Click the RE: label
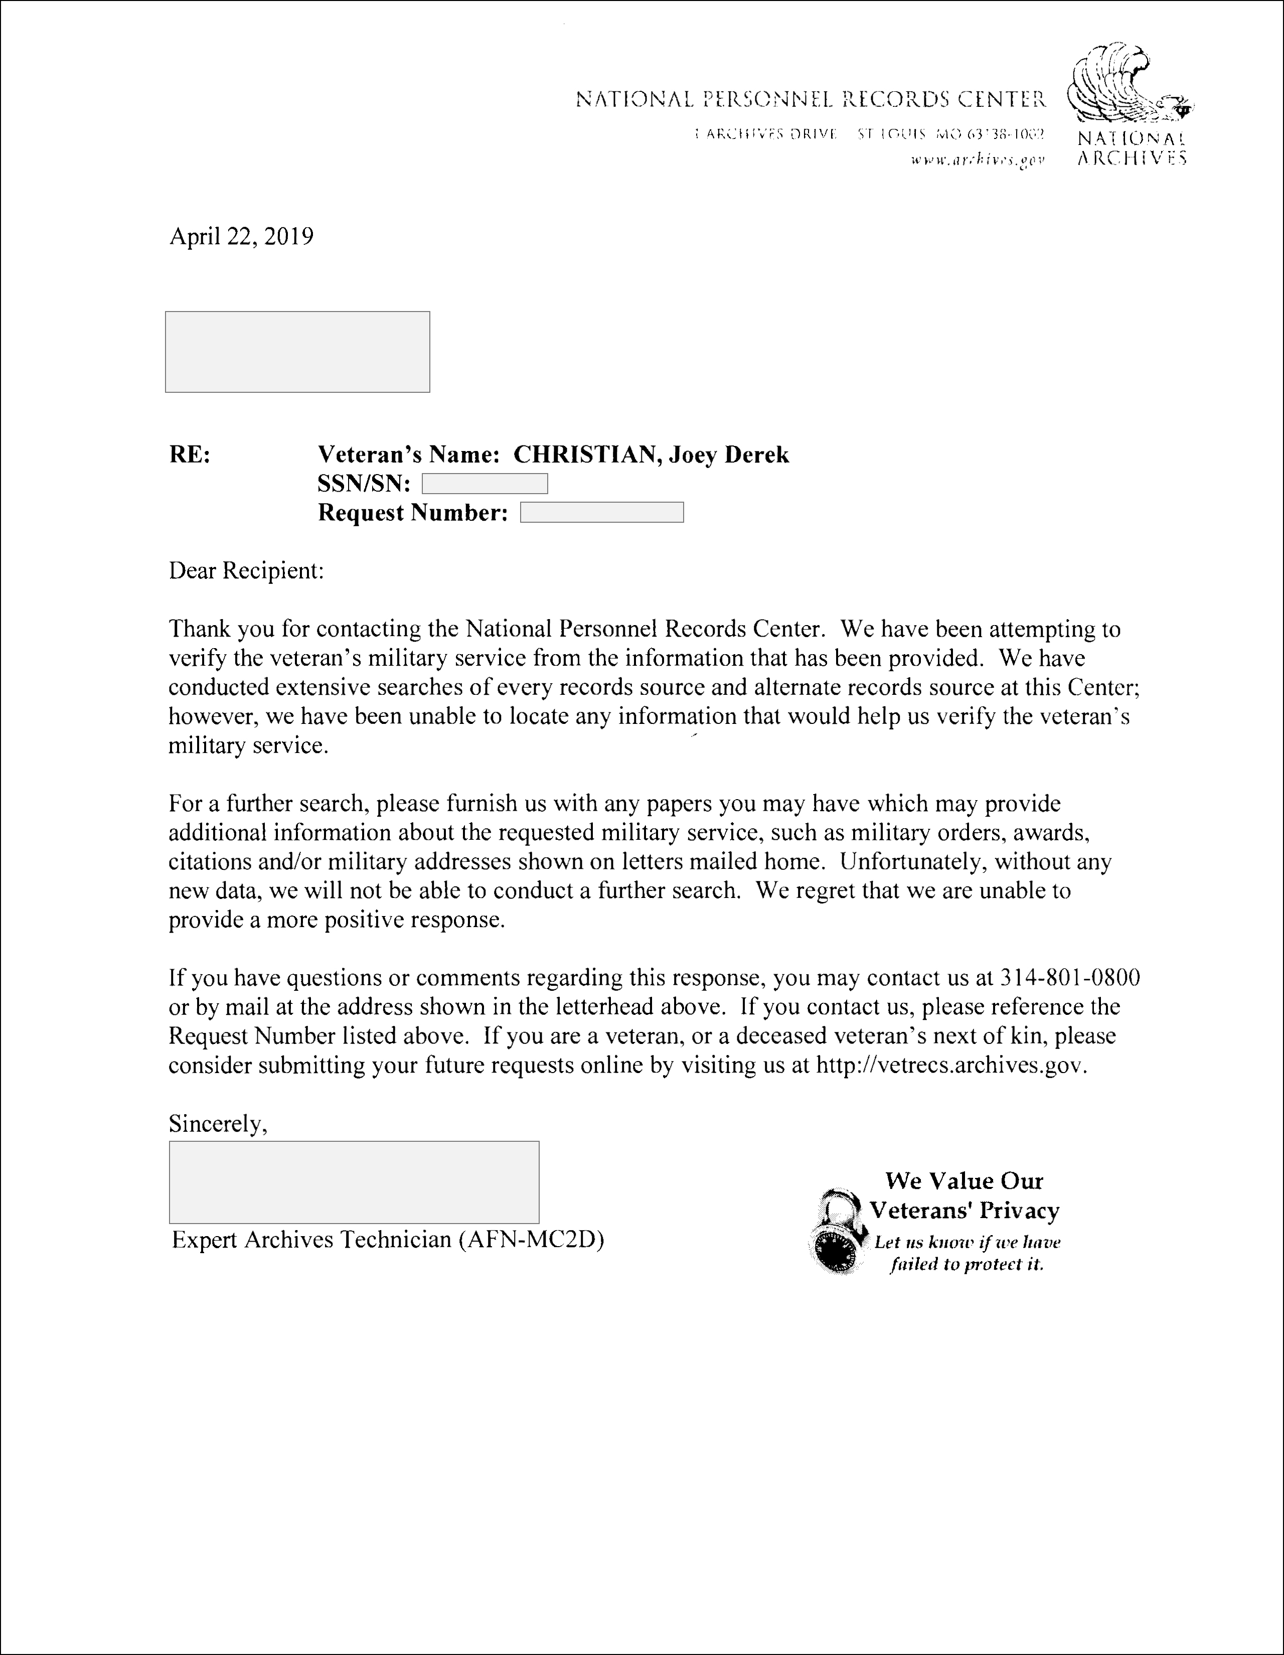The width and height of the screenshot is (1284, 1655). (x=190, y=455)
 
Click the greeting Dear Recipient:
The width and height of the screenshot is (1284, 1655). (x=246, y=570)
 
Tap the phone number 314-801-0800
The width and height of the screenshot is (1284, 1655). (x=1070, y=978)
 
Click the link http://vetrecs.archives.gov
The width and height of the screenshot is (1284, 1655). (x=950, y=1066)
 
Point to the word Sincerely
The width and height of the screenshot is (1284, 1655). (x=217, y=1124)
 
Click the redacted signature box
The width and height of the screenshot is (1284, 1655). (x=354, y=1182)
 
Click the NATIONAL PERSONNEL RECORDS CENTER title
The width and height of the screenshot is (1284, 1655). (x=811, y=99)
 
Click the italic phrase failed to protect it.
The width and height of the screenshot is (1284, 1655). (x=967, y=1264)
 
